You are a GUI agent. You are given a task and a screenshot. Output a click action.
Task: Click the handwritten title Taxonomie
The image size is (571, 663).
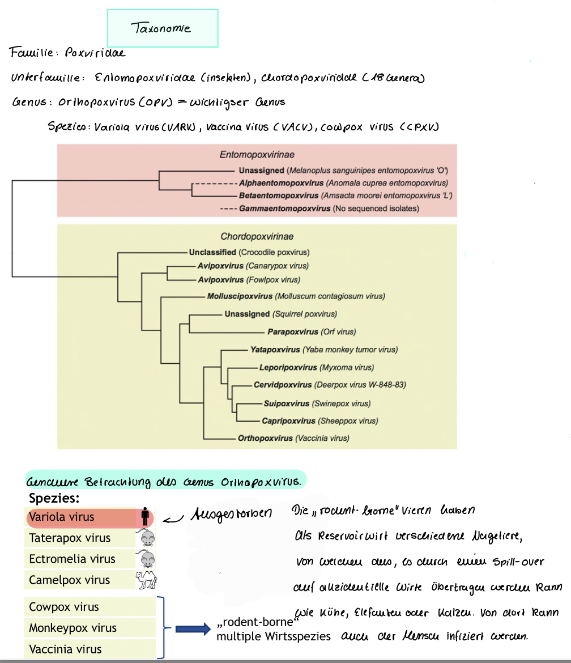pos(161,28)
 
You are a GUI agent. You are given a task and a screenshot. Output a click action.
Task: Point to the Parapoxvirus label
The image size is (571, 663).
pos(293,331)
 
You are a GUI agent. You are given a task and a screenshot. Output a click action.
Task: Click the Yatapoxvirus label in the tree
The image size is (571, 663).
pos(275,350)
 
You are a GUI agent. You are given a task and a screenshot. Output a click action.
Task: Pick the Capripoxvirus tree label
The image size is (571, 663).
pos(288,421)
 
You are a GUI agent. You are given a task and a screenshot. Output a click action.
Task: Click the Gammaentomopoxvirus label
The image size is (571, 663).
pos(284,209)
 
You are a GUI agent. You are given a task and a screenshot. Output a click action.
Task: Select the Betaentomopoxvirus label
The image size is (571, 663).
pos(279,195)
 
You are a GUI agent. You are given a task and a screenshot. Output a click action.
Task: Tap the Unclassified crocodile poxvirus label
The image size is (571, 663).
pos(213,252)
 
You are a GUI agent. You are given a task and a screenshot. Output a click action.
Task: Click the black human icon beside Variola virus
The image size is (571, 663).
pos(146,517)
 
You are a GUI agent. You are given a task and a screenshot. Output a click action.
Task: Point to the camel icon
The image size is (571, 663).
pos(146,580)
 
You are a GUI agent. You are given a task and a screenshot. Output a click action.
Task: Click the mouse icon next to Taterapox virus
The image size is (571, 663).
pos(147,538)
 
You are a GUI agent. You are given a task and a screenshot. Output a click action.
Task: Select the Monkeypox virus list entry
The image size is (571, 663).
pos(73,628)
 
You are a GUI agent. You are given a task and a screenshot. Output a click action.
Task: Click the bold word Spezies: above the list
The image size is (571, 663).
pos(54,499)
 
